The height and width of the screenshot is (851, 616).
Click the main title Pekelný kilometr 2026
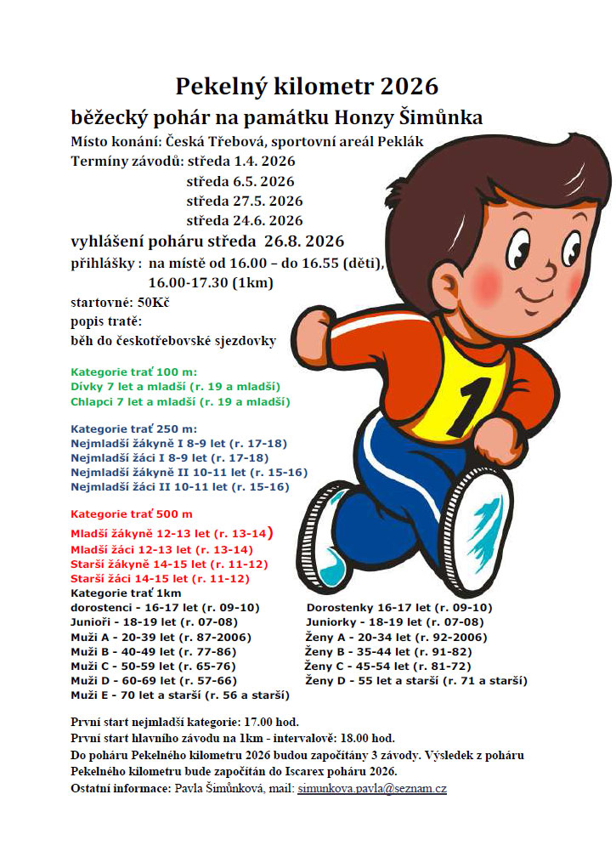point(307,86)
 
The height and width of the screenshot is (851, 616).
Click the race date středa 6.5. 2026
point(240,181)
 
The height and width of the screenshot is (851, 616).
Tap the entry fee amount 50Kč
point(153,302)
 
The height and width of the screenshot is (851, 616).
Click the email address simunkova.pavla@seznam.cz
point(371,789)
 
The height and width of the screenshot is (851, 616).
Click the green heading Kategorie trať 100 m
point(133,372)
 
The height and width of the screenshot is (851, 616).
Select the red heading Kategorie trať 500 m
point(131,514)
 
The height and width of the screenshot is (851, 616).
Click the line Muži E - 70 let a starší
point(180,695)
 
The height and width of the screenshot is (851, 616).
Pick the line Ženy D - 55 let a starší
point(416,681)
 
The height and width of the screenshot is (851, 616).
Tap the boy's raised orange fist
point(312,330)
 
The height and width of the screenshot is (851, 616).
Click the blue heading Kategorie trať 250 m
point(133,428)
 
